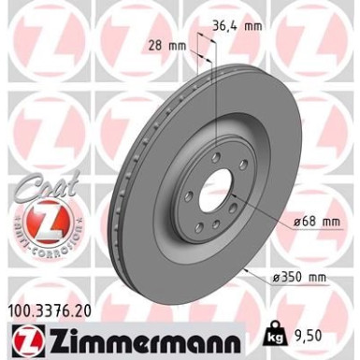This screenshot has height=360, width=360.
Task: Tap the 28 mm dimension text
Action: pyautogui.click(x=166, y=44)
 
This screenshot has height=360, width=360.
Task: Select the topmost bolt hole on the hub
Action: pyautogui.click(x=216, y=157)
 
